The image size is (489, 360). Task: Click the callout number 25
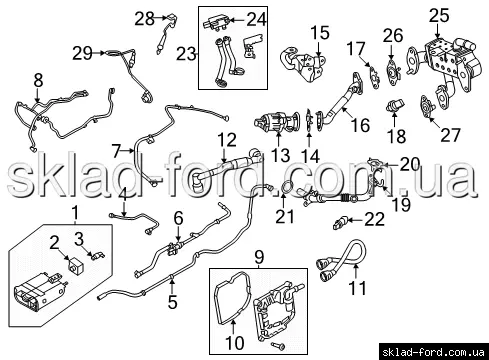tap(439, 15)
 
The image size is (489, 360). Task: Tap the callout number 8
tap(39, 80)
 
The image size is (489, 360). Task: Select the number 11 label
tap(357, 288)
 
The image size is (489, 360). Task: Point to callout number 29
tap(82, 53)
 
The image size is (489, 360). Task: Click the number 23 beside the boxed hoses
tap(186, 54)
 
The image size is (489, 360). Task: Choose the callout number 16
tap(360, 125)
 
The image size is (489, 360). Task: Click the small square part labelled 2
tap(77, 264)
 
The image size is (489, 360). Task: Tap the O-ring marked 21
tap(287, 187)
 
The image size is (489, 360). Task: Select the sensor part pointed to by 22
tap(340, 223)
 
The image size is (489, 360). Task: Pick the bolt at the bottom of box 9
tap(278, 346)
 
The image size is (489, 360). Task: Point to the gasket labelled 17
tap(374, 76)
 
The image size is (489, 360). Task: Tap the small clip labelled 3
tap(97, 256)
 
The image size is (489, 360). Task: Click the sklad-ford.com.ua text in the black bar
tap(433, 352)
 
